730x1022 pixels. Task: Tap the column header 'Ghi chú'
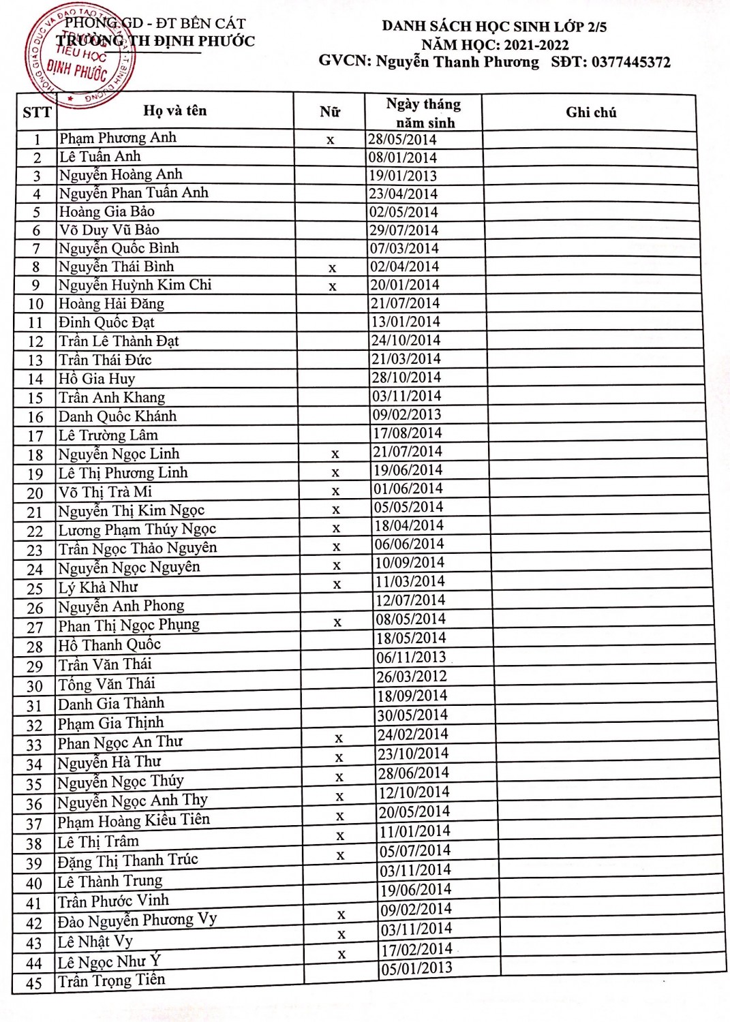click(x=591, y=112)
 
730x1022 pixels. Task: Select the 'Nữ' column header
click(x=330, y=112)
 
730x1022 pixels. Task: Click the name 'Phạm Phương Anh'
click(x=118, y=138)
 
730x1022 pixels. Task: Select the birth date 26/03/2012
click(x=412, y=677)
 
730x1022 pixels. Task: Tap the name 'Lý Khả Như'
click(x=98, y=587)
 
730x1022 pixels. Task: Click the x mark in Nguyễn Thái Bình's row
click(x=333, y=268)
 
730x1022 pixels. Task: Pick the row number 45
click(x=33, y=983)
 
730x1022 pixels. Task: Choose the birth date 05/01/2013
click(x=416, y=968)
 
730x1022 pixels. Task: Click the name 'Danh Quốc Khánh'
click(x=117, y=416)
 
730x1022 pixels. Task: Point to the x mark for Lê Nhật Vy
click(x=341, y=935)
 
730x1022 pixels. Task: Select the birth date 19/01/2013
click(x=403, y=176)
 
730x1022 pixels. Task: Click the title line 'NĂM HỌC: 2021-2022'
click(x=495, y=45)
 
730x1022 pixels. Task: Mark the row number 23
click(x=35, y=551)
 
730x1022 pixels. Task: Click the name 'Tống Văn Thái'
click(x=106, y=684)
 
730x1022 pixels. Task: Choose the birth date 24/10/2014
click(x=406, y=340)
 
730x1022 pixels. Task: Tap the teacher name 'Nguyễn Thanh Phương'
click(x=457, y=63)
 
